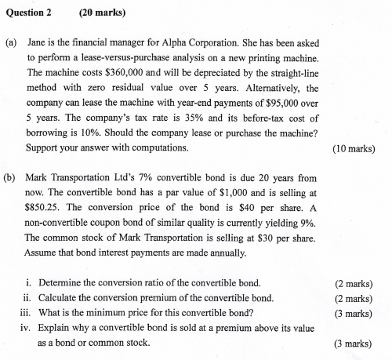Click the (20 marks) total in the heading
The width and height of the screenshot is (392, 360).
pos(103,13)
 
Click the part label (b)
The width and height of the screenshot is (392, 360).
pos(10,178)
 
